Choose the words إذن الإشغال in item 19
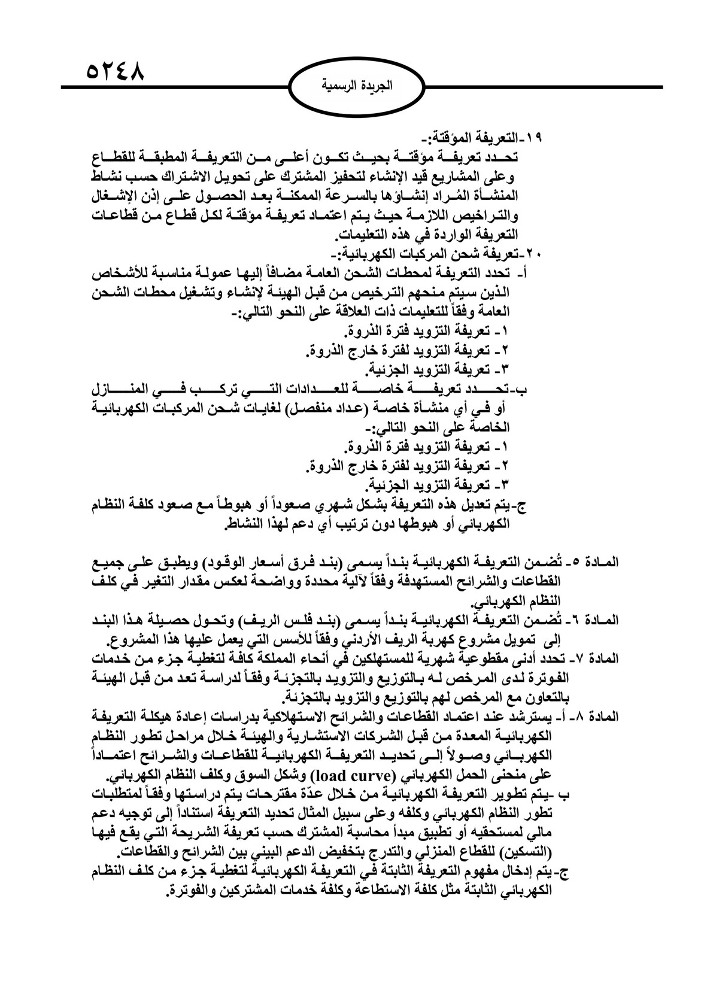click(x=135, y=196)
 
